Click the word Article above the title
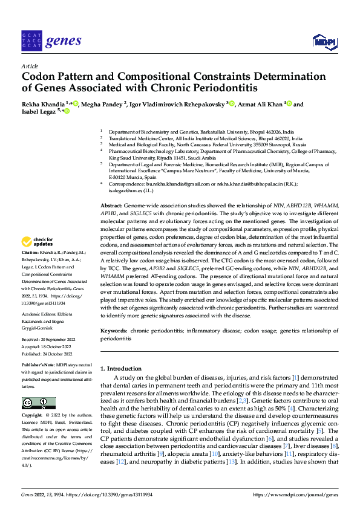click(30, 66)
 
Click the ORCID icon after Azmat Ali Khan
click(289, 104)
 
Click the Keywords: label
click(114, 332)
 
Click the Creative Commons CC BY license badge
click(38, 403)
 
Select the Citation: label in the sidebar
click(30, 251)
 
